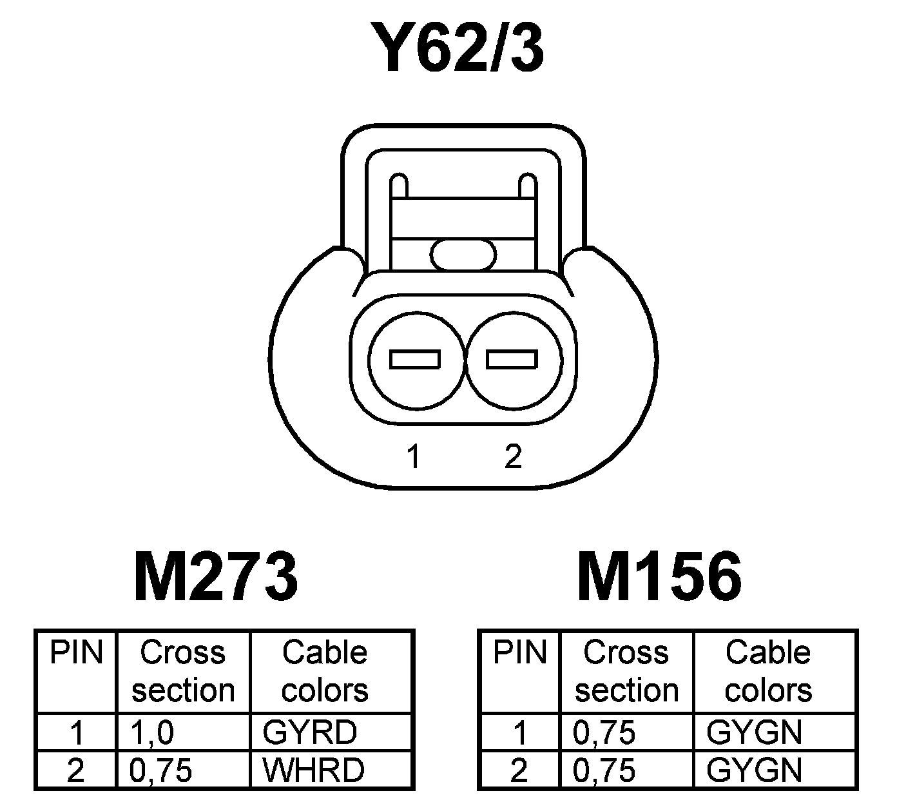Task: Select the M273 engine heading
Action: coord(215,576)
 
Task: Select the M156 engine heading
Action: coord(659,576)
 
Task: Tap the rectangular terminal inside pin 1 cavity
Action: coord(416,359)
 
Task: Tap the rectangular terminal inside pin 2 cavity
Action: coord(512,359)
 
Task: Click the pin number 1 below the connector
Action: coord(414,456)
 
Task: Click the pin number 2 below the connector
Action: coord(513,456)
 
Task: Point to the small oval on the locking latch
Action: coord(463,254)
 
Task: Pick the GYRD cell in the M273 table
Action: coord(309,732)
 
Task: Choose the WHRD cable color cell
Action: coord(313,770)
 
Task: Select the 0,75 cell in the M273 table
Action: coord(161,770)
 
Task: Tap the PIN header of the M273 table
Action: coord(77,652)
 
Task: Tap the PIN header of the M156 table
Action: coord(519,652)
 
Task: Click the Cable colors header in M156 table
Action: coord(768,671)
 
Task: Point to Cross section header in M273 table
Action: coord(183,671)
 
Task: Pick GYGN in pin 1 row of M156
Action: coord(754,732)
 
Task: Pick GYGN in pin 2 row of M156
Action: coord(754,770)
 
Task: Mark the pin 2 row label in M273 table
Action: coord(76,770)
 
